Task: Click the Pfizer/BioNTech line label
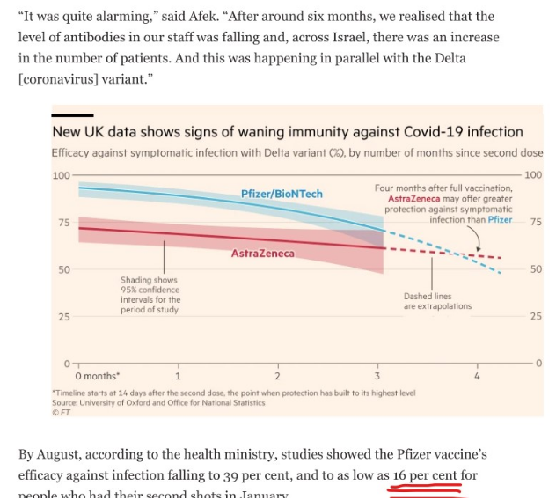pyautogui.click(x=282, y=194)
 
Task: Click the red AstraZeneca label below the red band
pyautogui.click(x=263, y=254)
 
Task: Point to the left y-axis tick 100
pyautogui.click(x=61, y=175)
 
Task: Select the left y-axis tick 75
pyautogui.click(x=63, y=223)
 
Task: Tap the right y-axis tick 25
pyautogui.click(x=536, y=316)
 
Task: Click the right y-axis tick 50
pyautogui.click(x=536, y=269)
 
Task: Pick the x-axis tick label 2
pyautogui.click(x=278, y=376)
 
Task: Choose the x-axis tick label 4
pyautogui.click(x=477, y=376)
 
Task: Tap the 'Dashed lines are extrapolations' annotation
pyautogui.click(x=437, y=301)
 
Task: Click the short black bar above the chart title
pyautogui.click(x=72, y=115)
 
